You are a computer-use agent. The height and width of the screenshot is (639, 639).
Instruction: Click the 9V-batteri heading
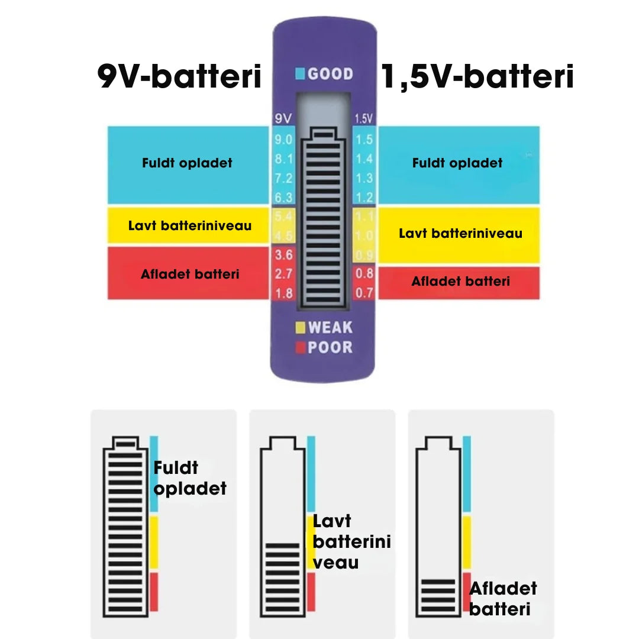tap(179, 78)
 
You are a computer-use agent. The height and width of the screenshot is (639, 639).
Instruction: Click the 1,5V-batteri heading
tap(477, 78)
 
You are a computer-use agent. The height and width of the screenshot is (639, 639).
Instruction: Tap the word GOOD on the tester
tap(330, 74)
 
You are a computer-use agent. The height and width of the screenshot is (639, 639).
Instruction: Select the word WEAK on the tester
tap(330, 327)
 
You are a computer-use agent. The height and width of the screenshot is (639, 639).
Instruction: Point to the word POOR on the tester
tap(330, 347)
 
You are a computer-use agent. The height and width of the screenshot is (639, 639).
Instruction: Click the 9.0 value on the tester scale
tap(284, 140)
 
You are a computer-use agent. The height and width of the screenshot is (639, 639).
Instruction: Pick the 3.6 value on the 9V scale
tap(284, 255)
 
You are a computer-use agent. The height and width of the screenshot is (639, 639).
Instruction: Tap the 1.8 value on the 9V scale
tap(284, 293)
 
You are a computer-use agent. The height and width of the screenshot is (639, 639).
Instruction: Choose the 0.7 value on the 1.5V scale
tap(364, 292)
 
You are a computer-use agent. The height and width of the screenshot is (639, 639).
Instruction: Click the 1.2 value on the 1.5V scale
tap(364, 198)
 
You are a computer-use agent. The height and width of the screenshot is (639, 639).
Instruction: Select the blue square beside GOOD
tap(300, 74)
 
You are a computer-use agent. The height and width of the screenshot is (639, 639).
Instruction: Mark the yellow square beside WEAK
tap(300, 327)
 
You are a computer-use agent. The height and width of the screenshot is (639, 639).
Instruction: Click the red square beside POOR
tap(300, 347)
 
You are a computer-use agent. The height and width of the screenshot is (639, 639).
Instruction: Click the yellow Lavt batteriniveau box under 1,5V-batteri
tap(459, 234)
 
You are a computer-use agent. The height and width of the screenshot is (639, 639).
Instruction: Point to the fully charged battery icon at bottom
tap(125, 526)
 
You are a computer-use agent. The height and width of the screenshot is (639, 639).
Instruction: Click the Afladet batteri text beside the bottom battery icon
tap(503, 598)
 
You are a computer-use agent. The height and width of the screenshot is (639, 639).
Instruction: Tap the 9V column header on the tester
tap(283, 118)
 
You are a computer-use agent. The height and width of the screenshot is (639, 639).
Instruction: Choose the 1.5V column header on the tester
tap(363, 118)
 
